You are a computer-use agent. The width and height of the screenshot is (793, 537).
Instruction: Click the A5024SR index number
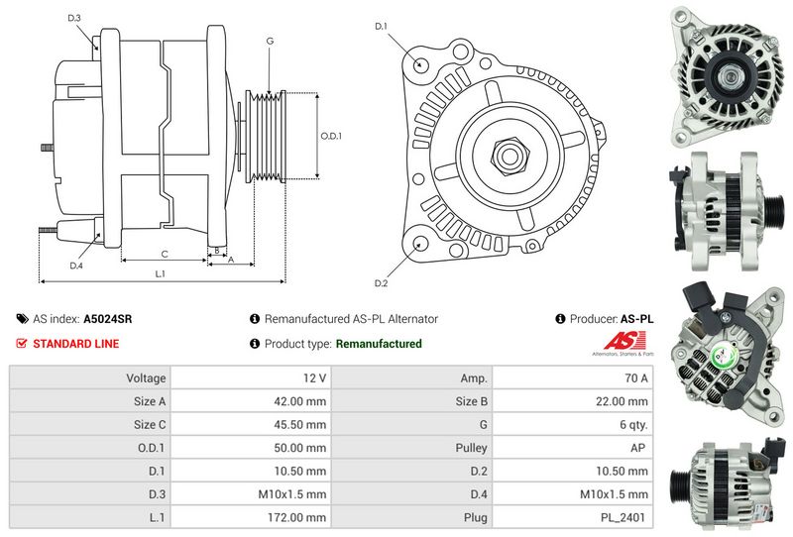(x=108, y=319)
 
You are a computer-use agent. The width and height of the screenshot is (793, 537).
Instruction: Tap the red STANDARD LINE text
(x=76, y=344)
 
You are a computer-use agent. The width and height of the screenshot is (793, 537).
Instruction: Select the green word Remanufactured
(x=379, y=344)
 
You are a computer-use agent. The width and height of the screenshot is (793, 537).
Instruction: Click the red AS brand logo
(x=624, y=340)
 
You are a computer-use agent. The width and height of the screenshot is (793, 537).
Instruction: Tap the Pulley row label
(x=471, y=448)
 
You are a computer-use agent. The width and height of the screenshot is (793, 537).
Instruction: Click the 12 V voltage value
(x=314, y=378)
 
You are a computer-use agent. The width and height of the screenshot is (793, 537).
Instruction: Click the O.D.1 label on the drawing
(x=331, y=136)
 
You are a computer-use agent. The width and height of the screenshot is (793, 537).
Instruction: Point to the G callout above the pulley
(x=270, y=41)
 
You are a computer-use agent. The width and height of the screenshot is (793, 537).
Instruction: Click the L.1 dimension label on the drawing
(x=160, y=274)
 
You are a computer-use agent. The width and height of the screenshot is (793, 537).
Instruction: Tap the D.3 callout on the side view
(x=74, y=18)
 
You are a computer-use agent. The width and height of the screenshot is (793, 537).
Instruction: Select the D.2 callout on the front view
(x=381, y=283)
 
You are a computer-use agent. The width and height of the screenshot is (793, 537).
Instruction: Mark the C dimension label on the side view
(x=165, y=255)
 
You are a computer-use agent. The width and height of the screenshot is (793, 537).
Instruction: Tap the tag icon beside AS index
(x=22, y=319)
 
